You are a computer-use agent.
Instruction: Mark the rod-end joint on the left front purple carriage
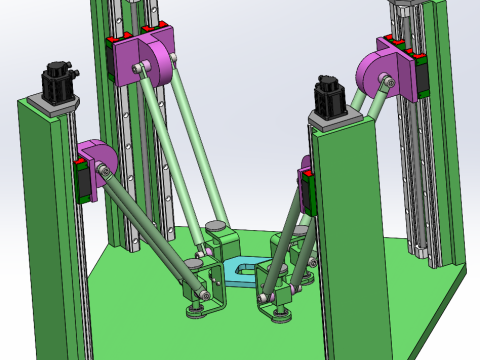pos(102,176)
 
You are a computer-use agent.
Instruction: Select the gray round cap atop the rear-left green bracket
pos(214,226)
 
